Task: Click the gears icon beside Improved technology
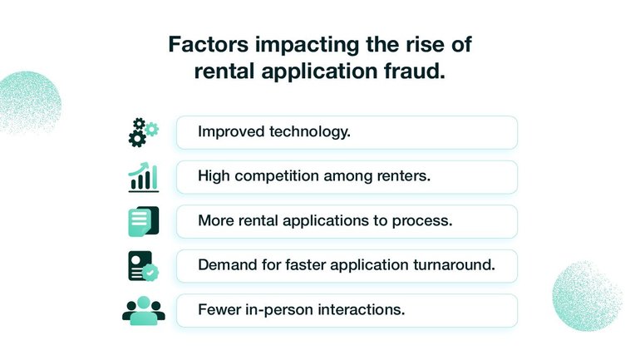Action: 143,133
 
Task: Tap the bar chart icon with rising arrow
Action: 143,177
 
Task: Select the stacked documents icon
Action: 143,222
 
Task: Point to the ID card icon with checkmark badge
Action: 143,266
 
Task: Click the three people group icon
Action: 143,310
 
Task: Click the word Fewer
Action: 218,310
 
